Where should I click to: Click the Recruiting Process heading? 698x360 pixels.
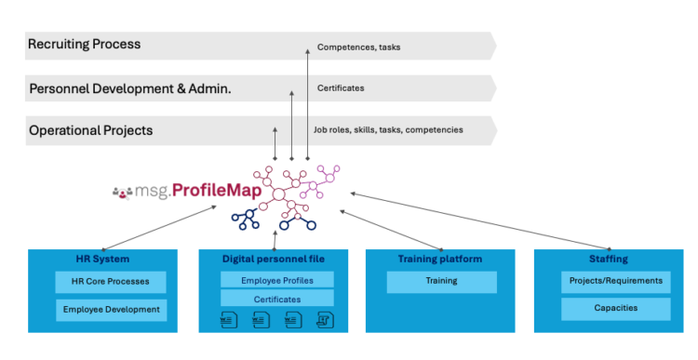pos(85,44)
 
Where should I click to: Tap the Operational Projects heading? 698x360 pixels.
pos(90,130)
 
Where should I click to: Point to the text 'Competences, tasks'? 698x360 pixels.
pos(358,47)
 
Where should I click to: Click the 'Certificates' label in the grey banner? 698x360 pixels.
pos(341,88)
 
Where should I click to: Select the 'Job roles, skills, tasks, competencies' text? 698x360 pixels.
pos(388,130)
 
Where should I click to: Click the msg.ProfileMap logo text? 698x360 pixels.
pos(182,192)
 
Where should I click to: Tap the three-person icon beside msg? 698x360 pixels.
pos(122,193)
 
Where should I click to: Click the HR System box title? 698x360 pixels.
pos(102,259)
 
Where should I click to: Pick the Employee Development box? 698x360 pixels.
pos(112,310)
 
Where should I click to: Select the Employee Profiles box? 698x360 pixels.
pos(276,280)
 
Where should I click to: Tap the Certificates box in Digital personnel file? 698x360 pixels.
pos(276,299)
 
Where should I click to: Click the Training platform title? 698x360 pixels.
pos(439,259)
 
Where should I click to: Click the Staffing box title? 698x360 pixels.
pos(609,259)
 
